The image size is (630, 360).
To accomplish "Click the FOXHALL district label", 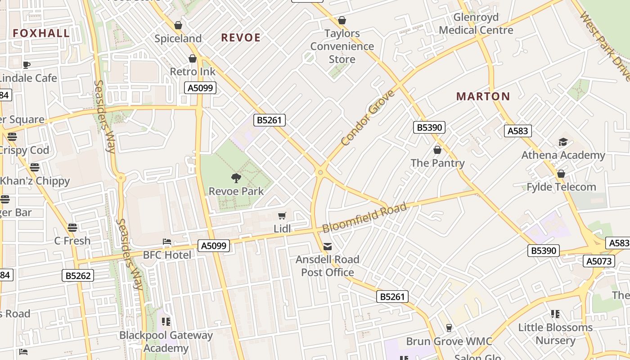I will pos(41,33).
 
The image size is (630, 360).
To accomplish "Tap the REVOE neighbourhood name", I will pos(241,38).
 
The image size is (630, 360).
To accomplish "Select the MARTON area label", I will pos(483,96).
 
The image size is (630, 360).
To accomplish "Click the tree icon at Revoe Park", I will pos(236,178).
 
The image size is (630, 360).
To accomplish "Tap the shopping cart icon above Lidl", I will pos(282,216).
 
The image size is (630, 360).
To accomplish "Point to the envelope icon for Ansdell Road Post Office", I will pos(328,247).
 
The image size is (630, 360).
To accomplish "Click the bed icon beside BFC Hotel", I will pos(167,242).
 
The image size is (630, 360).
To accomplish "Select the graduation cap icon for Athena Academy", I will pos(563,142).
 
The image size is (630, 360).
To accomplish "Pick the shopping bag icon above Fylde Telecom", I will pos(561,174).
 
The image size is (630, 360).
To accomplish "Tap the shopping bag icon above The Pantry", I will pos(437,150).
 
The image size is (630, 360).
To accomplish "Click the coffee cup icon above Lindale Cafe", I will pos(27,65).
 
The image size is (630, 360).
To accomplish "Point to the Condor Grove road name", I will pos(368,118).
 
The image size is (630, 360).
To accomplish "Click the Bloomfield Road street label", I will pos(364,218).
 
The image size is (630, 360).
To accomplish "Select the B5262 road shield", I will pos(78,275).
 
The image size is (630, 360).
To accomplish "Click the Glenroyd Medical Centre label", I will pos(476,24).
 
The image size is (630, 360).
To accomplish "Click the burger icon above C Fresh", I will pos(72,227).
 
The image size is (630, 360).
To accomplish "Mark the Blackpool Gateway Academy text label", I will pos(166,342).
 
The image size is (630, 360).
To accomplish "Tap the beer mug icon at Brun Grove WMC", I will pos(449,328).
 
